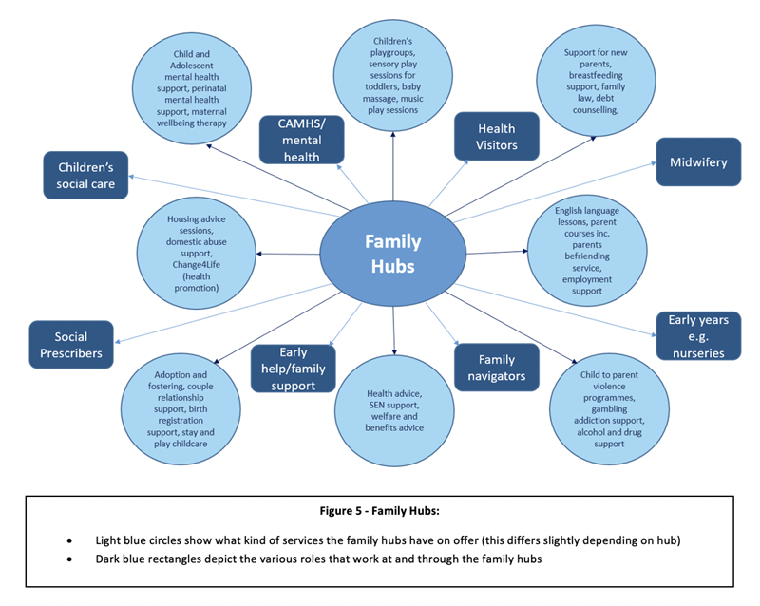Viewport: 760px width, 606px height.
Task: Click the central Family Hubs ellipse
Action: [x=390, y=254]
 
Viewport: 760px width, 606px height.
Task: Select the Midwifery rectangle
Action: [x=696, y=162]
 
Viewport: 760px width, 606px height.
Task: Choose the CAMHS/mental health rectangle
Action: [x=301, y=139]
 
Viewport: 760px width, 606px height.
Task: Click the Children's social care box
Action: [x=85, y=175]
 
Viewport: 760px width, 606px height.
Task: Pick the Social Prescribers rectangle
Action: [x=71, y=346]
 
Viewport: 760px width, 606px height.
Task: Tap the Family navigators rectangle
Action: [x=496, y=368]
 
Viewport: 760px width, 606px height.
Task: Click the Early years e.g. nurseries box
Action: [x=697, y=336]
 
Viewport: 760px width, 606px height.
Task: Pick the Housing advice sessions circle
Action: [x=196, y=254]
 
